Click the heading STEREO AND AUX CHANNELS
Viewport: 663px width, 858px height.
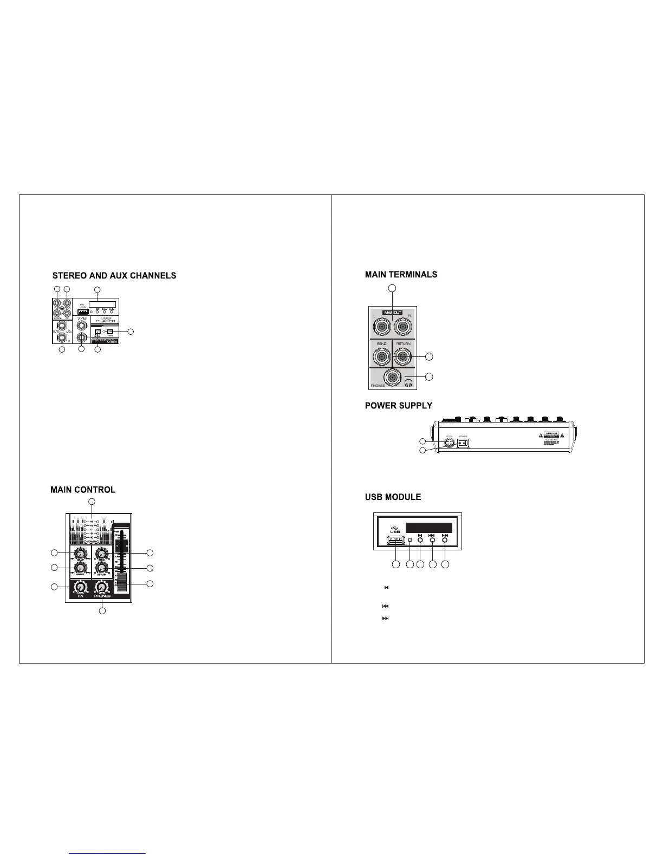[114, 276]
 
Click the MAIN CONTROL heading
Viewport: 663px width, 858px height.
[83, 490]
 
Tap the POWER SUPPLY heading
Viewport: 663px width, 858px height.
[399, 406]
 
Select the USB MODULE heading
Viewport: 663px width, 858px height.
[393, 497]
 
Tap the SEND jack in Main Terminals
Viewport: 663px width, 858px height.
[382, 356]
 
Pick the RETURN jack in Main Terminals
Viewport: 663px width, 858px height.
[404, 356]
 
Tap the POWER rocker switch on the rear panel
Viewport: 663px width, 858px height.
[463, 443]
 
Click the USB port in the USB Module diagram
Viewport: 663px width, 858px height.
[396, 540]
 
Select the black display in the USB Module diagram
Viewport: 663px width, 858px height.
[428, 528]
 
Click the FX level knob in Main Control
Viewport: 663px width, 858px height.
[80, 588]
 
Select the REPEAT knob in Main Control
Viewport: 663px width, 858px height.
[81, 567]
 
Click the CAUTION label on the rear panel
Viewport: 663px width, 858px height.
[551, 434]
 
